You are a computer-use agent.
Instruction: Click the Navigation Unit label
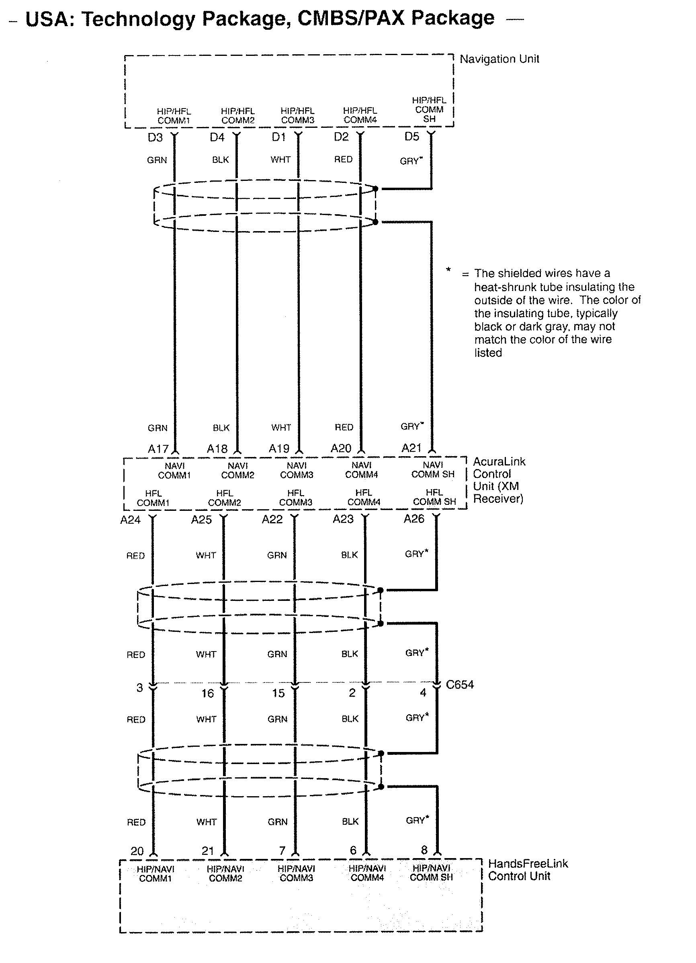tap(499, 59)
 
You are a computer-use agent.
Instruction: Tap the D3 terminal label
tap(155, 137)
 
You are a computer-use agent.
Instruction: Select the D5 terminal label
tap(411, 137)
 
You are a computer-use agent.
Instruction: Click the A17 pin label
tap(158, 449)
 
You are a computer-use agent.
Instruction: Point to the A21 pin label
tap(411, 448)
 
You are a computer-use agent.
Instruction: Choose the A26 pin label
tap(414, 519)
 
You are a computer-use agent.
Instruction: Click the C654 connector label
tap(459, 684)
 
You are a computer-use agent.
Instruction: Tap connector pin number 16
tap(207, 693)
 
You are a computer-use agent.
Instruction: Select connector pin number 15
tap(278, 693)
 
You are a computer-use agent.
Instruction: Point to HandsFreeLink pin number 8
tap(424, 850)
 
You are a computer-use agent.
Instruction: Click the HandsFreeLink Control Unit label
tap(527, 870)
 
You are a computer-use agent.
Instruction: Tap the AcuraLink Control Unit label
tap(499, 480)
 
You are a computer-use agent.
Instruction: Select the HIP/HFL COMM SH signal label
tap(429, 110)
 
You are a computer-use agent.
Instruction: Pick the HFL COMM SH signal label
tap(434, 497)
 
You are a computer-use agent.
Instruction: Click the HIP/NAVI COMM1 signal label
tap(156, 874)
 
